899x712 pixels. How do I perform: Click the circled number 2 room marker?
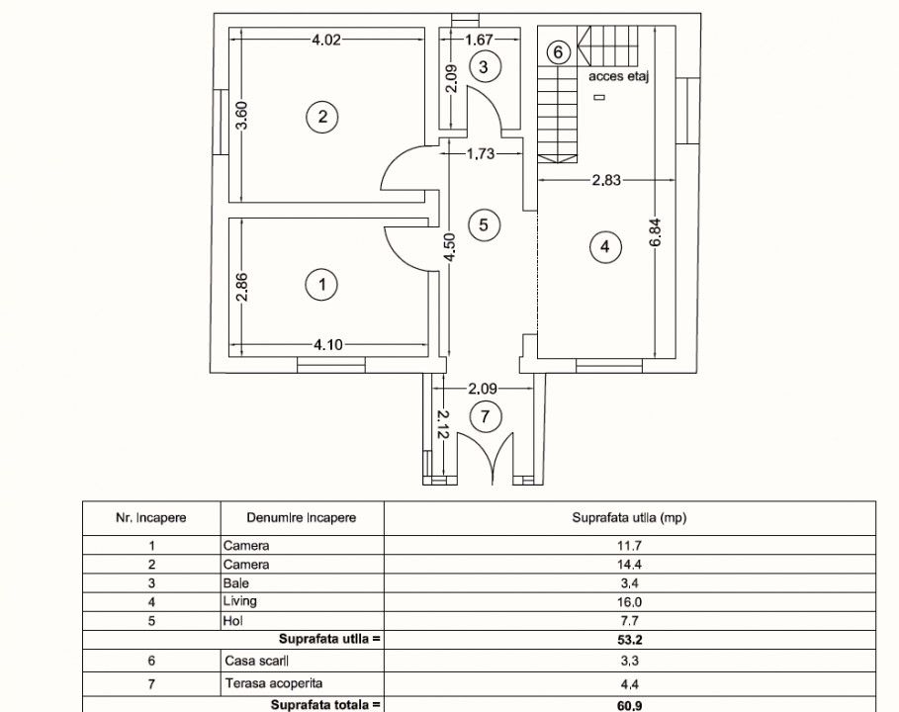click(322, 117)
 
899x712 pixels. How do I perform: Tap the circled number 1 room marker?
click(321, 285)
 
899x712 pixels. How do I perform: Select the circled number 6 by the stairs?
click(558, 52)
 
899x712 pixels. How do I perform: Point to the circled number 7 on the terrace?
click(485, 416)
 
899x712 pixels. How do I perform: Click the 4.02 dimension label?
click(325, 40)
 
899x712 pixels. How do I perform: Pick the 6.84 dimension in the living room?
click(656, 232)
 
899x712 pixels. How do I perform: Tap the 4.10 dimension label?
click(328, 344)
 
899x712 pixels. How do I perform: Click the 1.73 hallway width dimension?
click(481, 153)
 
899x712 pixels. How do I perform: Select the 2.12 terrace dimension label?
click(441, 423)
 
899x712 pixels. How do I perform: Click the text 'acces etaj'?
click(619, 76)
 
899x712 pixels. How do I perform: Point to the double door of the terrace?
click(486, 457)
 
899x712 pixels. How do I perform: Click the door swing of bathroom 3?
click(485, 109)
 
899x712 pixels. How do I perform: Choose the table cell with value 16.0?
click(629, 602)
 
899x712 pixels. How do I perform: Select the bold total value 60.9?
click(629, 705)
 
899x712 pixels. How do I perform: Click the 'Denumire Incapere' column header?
click(302, 518)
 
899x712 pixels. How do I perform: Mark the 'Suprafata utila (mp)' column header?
click(629, 518)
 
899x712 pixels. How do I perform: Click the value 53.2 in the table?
click(629, 640)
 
